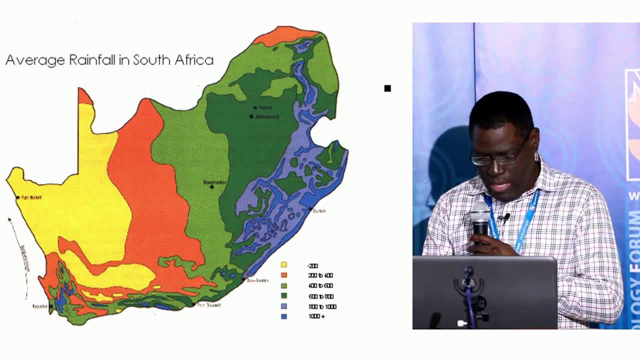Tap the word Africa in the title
pos(194,60)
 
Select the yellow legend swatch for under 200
pos(284,265)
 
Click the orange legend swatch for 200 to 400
pos(284,275)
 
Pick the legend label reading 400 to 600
pos(320,286)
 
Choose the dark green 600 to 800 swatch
pos(284,296)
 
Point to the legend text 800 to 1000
pos(322,306)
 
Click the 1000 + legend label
pos(316,316)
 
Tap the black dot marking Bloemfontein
pos(212,187)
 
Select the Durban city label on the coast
pos(319,211)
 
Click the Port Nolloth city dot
pos(18,197)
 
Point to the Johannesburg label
pos(267,117)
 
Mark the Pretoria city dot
pos(255,107)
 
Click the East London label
pos(257,280)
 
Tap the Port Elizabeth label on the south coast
pos(208,304)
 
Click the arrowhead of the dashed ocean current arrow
pos(9,219)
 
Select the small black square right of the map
pos(387,88)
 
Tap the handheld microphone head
pos(479,213)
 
